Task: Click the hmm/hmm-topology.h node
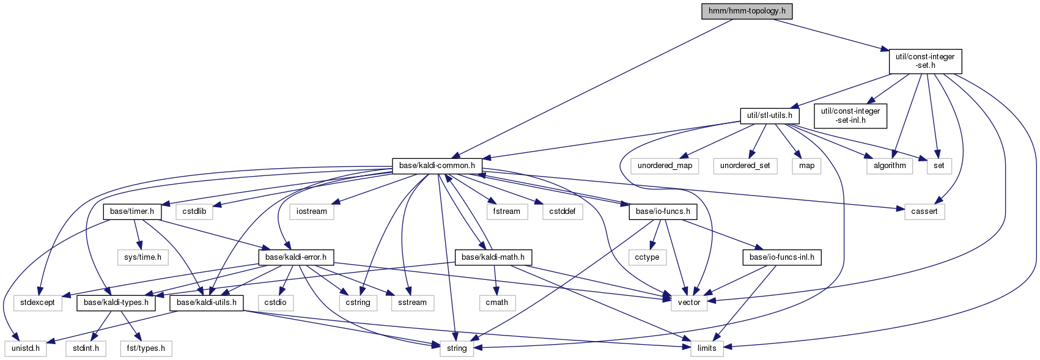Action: [747, 11]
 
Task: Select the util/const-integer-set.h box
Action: [924, 61]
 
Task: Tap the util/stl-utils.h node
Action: [769, 115]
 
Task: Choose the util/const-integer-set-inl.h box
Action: [850, 116]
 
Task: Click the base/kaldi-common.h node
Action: [437, 166]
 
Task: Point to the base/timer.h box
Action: [132, 211]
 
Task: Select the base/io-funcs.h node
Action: [663, 211]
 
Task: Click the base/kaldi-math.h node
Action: [493, 257]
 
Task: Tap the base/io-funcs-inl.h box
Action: [781, 257]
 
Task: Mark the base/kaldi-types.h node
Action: [116, 303]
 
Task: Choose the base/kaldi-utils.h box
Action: [207, 303]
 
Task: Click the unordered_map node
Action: [665, 166]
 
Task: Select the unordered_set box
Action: [745, 166]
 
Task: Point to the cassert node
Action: [924, 211]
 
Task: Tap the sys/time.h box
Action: [142, 257]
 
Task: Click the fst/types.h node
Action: [146, 348]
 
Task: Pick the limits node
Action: [706, 348]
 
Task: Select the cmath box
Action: [496, 303]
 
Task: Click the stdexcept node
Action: [38, 303]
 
